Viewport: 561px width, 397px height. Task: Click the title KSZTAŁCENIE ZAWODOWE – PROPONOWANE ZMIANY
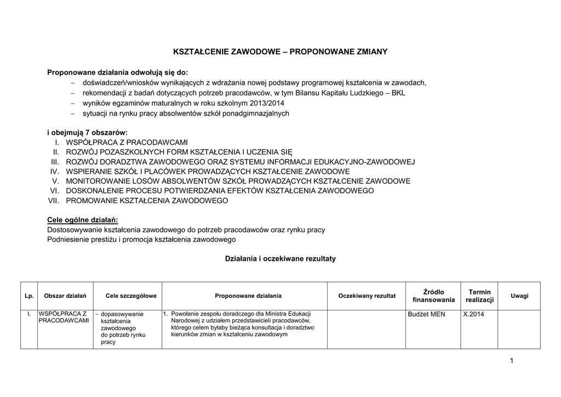click(x=280, y=51)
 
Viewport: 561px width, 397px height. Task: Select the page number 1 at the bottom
click(x=511, y=360)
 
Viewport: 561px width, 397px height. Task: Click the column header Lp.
click(x=29, y=296)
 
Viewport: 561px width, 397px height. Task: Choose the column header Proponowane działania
click(x=248, y=296)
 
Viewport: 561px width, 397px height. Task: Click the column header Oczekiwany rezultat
click(x=367, y=296)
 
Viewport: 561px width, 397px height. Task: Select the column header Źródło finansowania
click(x=433, y=296)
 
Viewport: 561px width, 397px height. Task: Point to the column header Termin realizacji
click(x=479, y=296)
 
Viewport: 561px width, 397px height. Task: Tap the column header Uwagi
click(x=519, y=296)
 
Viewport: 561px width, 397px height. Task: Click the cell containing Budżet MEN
click(x=427, y=314)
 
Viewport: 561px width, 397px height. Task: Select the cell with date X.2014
click(x=474, y=314)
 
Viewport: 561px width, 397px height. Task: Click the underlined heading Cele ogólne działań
click(x=83, y=220)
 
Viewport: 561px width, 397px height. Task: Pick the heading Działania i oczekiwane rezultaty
click(x=280, y=258)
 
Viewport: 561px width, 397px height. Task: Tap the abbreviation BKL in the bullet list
click(x=398, y=93)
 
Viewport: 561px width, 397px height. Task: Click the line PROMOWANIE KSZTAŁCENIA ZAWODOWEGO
click(x=146, y=201)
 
